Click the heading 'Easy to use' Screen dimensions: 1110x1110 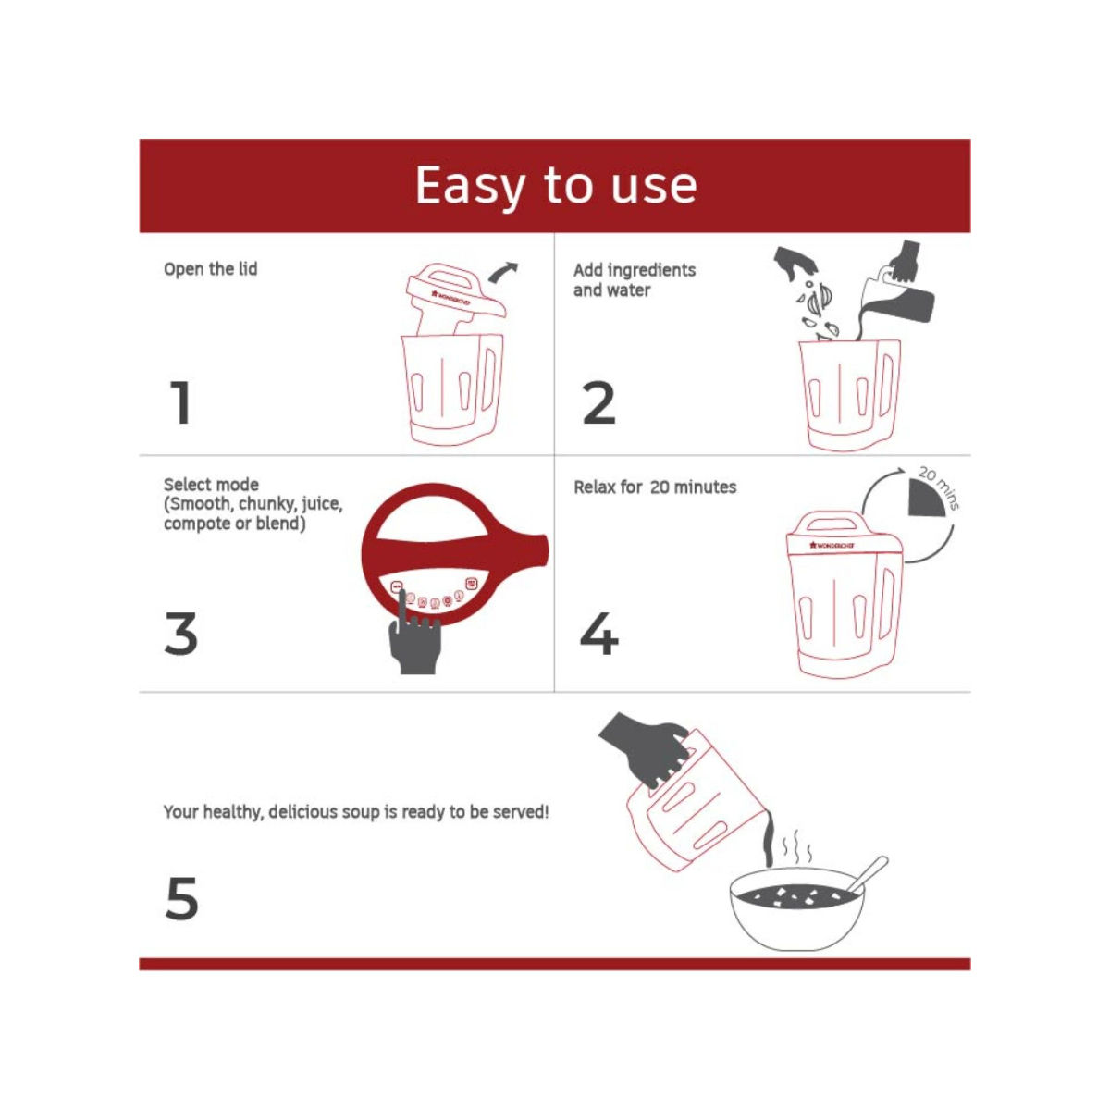click(556, 186)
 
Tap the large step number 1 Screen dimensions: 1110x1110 click(180, 402)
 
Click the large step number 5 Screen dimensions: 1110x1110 click(181, 898)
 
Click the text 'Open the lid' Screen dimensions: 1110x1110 click(210, 269)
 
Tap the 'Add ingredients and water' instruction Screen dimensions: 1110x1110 click(635, 280)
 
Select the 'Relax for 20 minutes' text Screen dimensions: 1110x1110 click(655, 487)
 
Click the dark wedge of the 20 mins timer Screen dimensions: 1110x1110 click(925, 498)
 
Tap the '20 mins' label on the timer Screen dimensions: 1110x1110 click(940, 487)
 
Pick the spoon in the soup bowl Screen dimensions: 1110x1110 click(868, 875)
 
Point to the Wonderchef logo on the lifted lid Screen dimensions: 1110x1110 click(450, 298)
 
